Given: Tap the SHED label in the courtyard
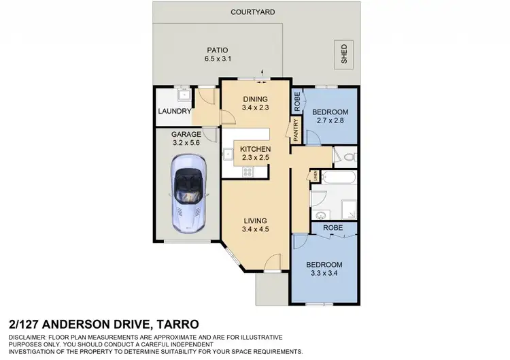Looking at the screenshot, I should [344, 54].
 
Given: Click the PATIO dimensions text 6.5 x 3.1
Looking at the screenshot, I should [218, 59].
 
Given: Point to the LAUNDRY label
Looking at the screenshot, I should [173, 111].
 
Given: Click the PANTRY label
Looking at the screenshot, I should [296, 130].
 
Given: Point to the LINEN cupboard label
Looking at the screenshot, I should [316, 176].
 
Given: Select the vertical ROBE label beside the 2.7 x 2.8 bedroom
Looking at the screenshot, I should [296, 101].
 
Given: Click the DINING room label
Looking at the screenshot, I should [256, 99].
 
